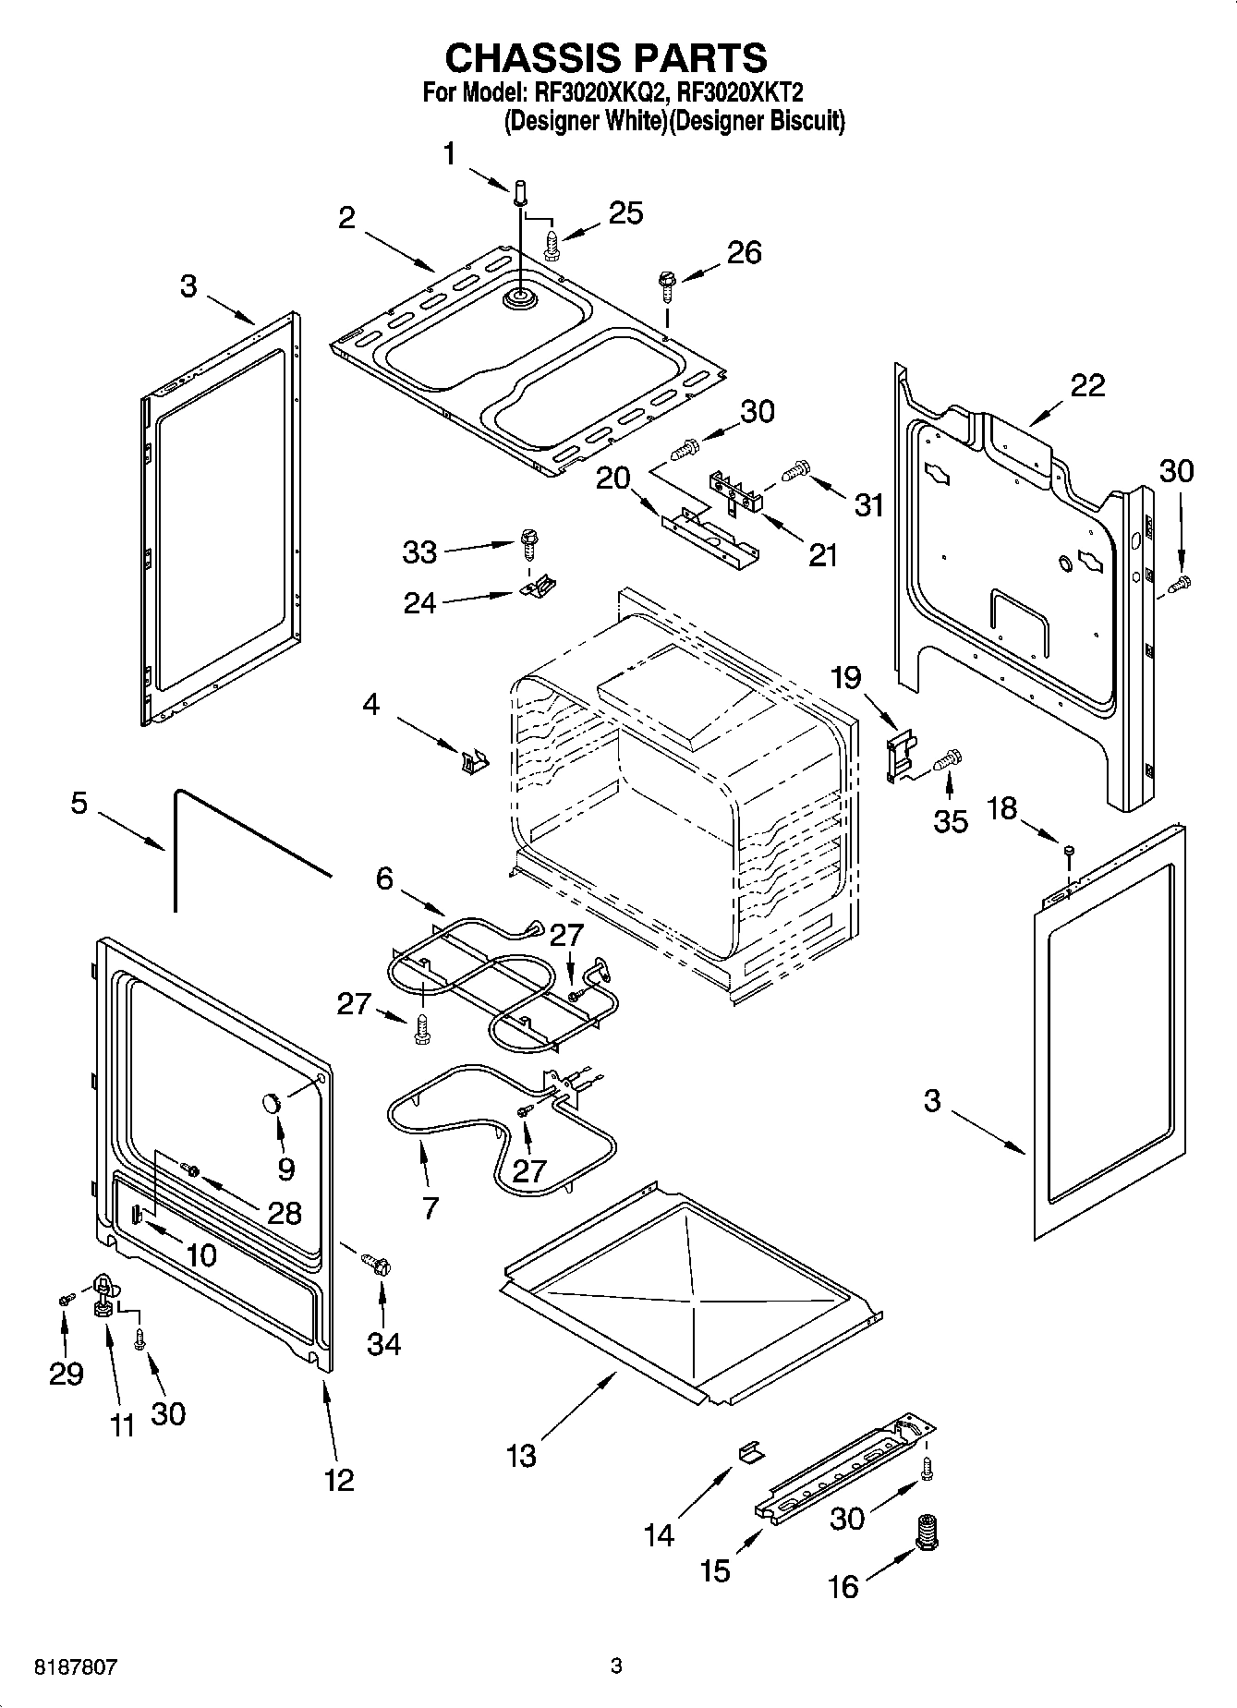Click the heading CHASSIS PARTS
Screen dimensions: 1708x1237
(605, 57)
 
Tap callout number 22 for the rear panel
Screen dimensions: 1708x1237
(1087, 385)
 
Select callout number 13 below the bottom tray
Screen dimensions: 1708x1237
(521, 1456)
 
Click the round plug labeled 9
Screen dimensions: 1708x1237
(272, 1101)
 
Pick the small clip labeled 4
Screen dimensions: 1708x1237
(474, 761)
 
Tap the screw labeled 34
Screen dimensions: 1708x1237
(377, 1263)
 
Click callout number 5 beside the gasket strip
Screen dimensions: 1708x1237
(79, 803)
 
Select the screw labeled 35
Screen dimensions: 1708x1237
(949, 761)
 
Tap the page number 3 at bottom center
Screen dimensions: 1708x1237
(617, 1667)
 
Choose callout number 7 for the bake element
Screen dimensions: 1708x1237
(430, 1206)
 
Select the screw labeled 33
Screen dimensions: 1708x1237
(529, 542)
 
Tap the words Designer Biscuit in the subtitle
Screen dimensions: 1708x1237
(757, 120)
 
